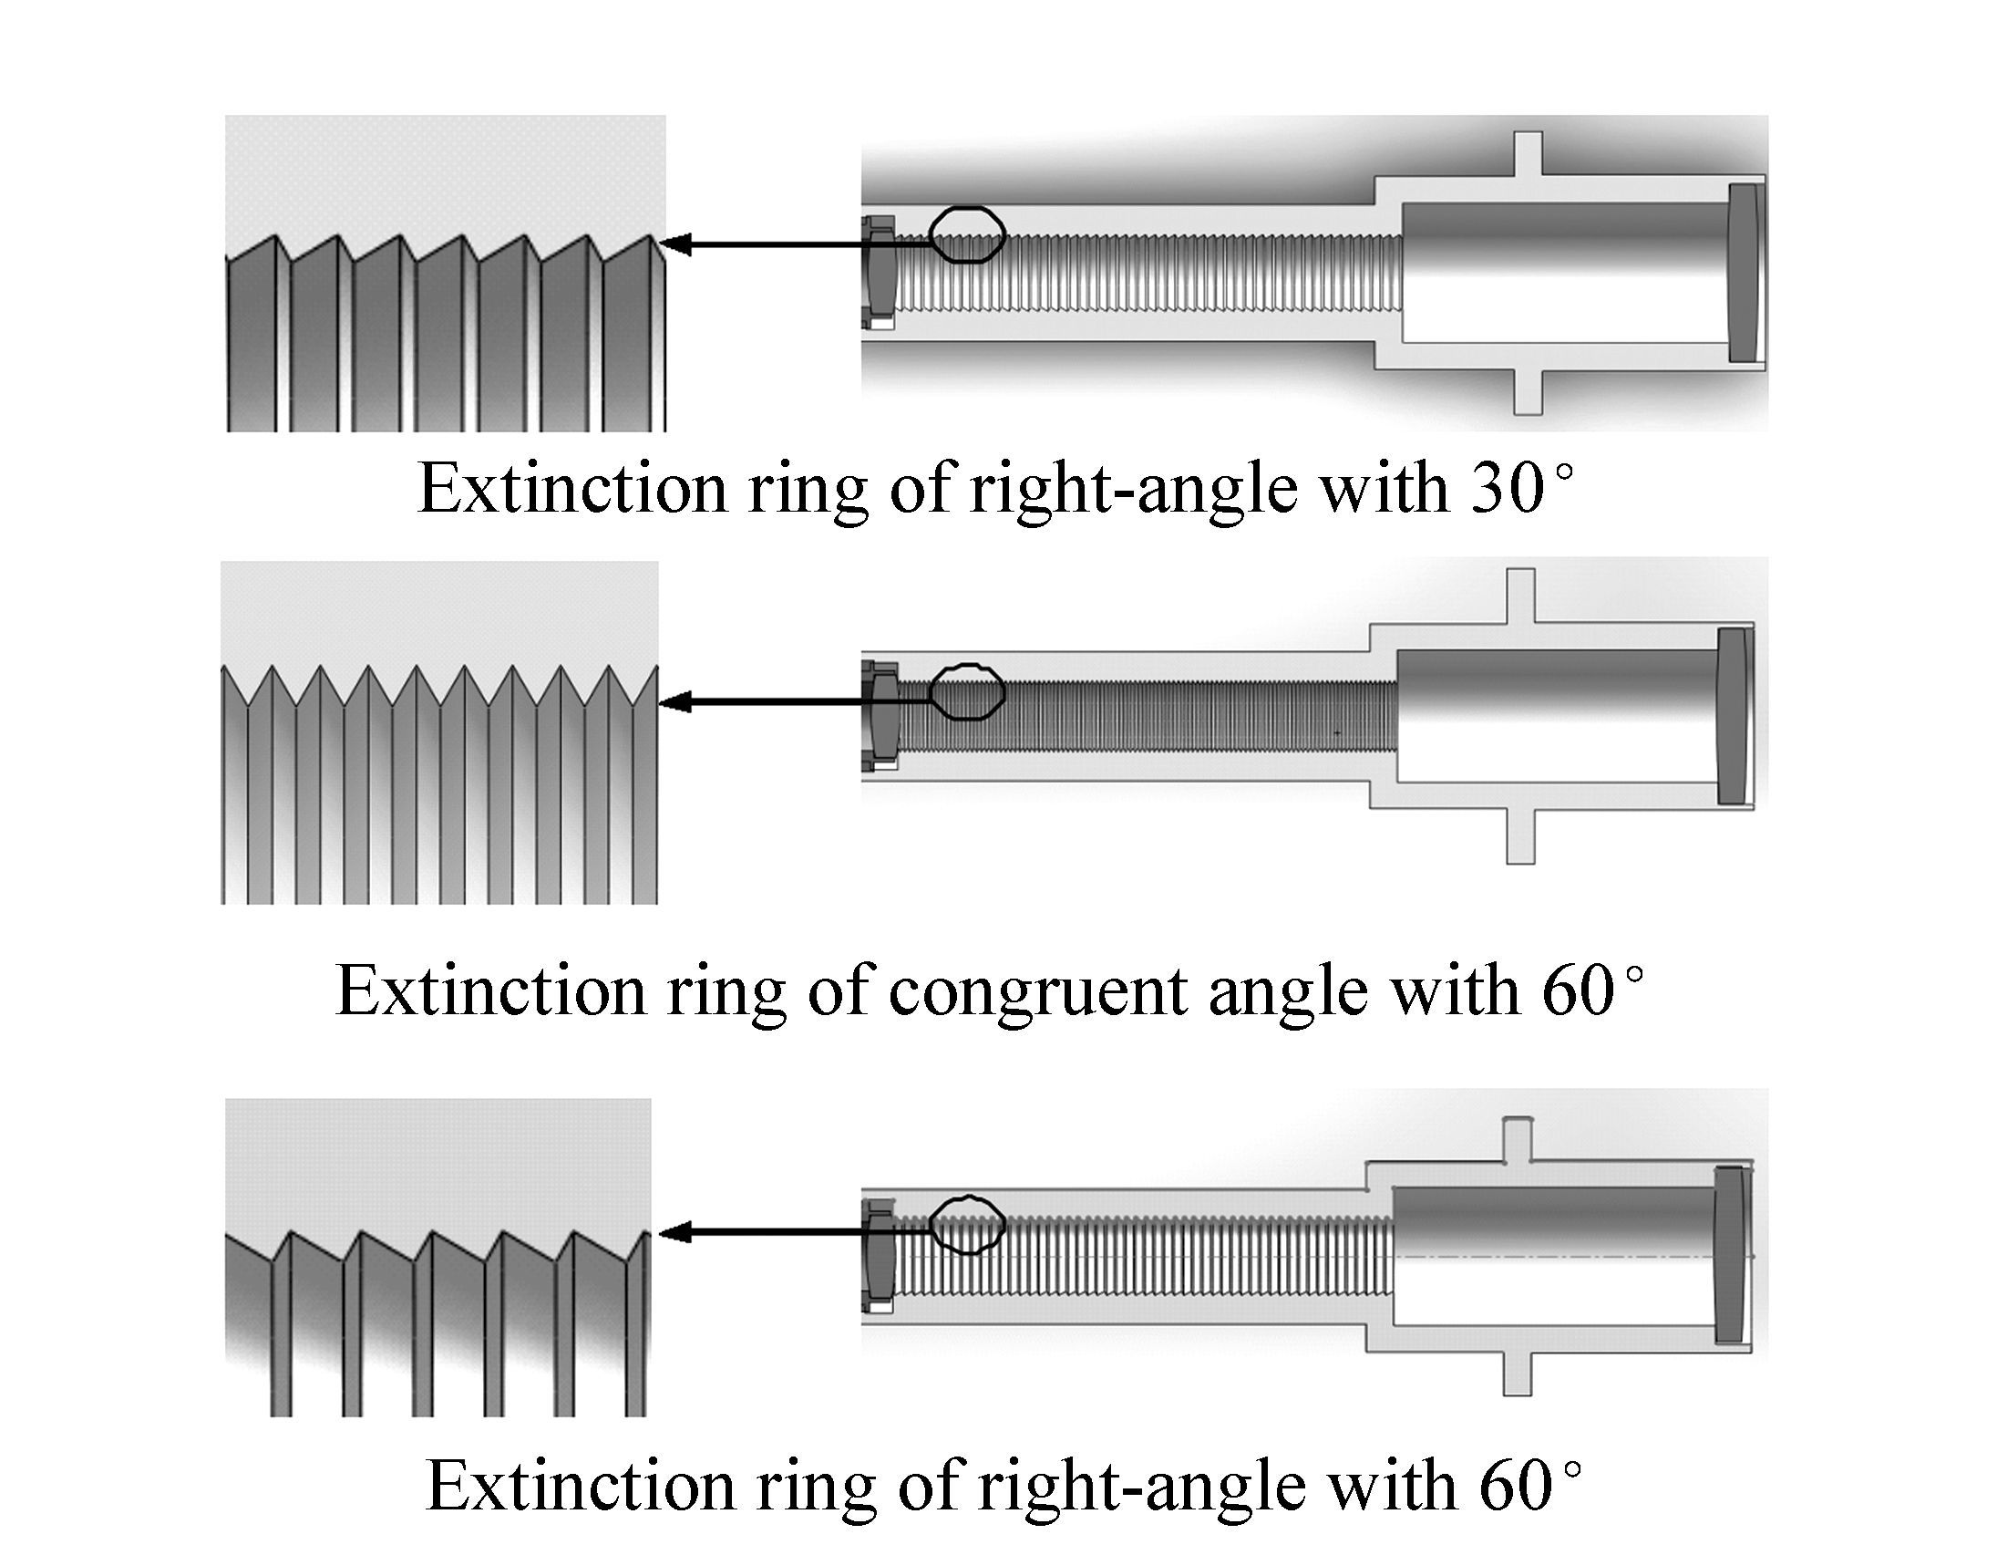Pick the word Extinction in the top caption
571,489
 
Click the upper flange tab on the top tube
1527,153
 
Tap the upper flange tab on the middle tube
1520,597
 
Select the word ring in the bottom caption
817,1490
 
